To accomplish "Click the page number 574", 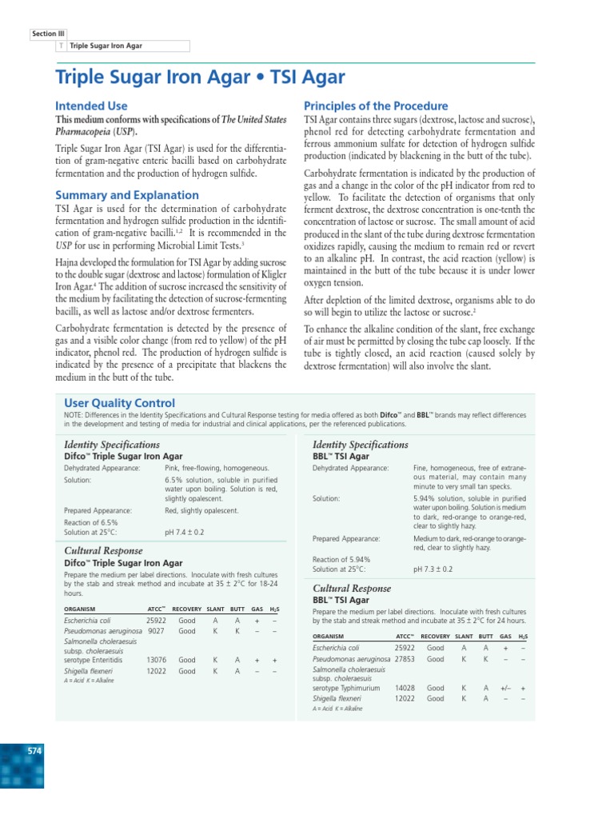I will click(34, 751).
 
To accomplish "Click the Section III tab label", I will click(44, 34).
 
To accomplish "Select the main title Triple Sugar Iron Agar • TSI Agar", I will click(200, 78).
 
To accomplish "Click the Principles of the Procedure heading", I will click(376, 106).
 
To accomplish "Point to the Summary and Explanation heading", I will click(127, 195).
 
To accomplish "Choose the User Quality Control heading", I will click(119, 403).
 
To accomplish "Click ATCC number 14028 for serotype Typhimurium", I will click(405, 687).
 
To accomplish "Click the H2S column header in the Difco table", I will click(274, 609).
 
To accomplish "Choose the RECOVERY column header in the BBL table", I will click(436, 636).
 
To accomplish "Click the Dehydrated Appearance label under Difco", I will click(102, 467).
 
